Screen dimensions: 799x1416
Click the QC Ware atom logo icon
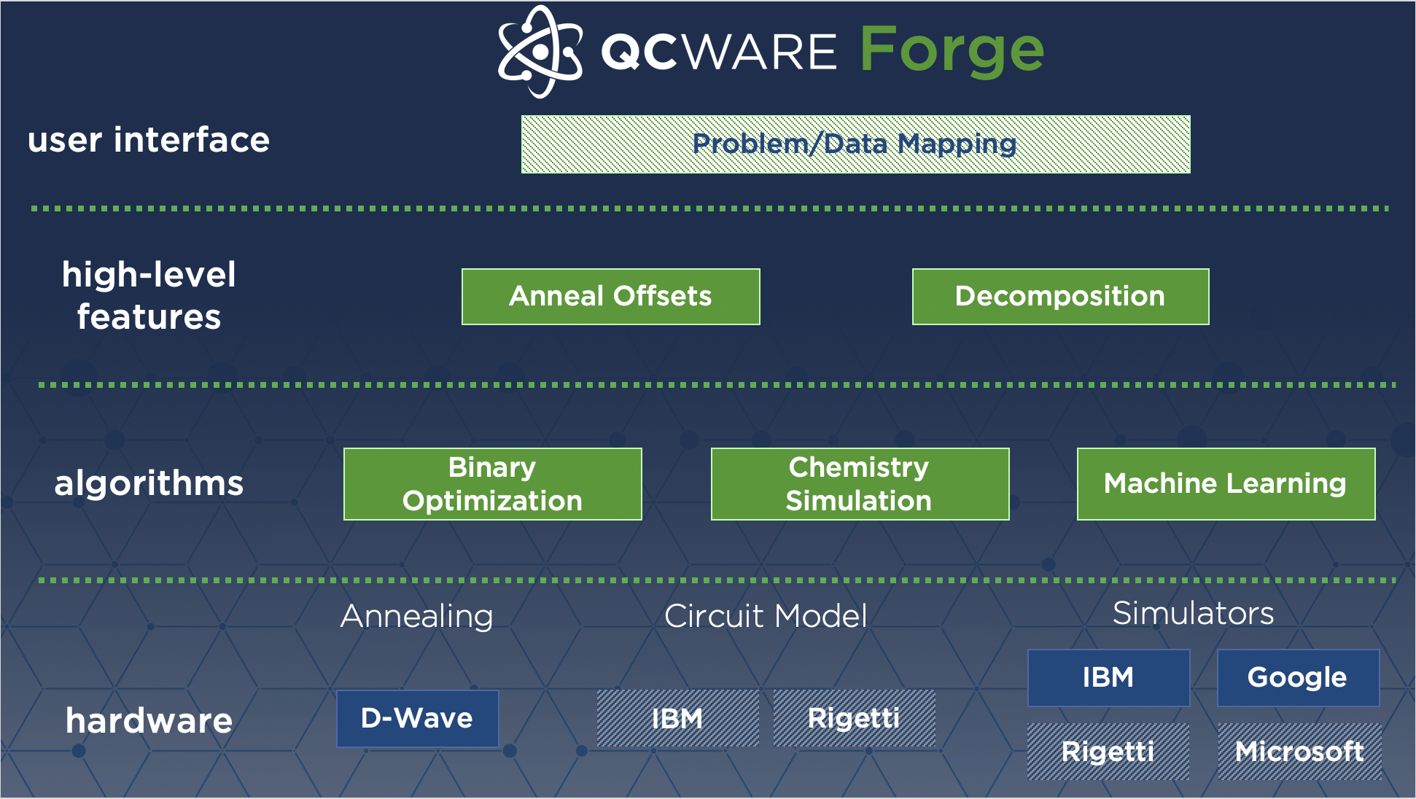pos(540,52)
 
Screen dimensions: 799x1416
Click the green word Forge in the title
pos(952,50)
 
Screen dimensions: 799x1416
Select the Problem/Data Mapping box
pos(855,144)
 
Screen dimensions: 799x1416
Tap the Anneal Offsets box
pos(610,297)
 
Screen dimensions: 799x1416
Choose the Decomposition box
pos(1060,297)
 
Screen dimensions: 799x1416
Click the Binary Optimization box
pos(492,484)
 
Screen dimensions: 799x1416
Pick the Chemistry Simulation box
pos(860,484)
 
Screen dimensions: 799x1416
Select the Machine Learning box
pos(1226,484)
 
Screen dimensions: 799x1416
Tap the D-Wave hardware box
pos(417,719)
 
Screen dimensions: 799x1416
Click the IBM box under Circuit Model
pos(677,719)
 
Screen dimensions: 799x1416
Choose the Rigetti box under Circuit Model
pos(854,719)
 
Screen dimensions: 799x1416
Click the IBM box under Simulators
pos(1108,678)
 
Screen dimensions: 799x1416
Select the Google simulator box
pos(1298,678)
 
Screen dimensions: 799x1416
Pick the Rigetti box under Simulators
pos(1108,752)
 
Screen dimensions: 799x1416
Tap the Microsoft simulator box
pos(1299,752)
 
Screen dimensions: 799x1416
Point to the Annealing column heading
pos(417,617)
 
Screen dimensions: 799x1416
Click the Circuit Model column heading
pos(766,617)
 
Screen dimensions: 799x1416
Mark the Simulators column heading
pos(1193,614)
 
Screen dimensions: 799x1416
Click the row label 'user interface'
pos(149,140)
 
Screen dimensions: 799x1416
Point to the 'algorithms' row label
pos(149,483)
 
